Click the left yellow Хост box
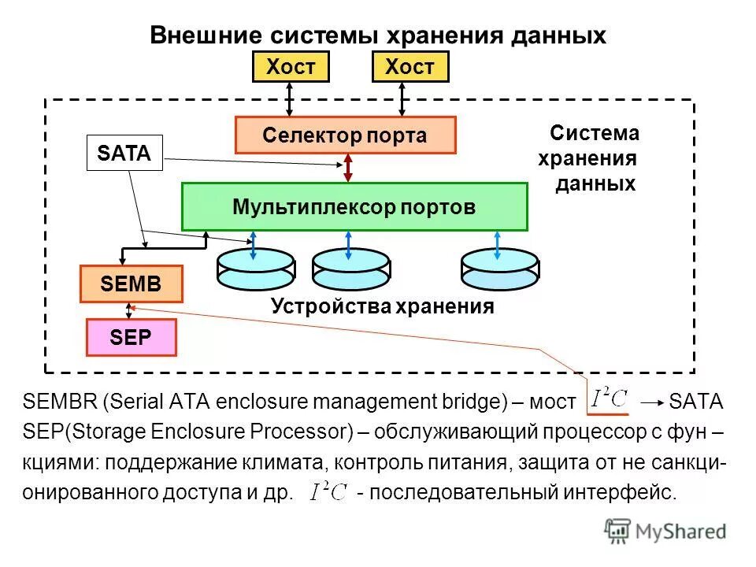tap(289, 67)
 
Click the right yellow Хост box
tap(409, 67)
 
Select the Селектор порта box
tap(345, 135)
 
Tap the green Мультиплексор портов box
tap(354, 206)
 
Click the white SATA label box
tap(124, 153)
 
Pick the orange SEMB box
tap(131, 284)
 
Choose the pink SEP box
tap(131, 337)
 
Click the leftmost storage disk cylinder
tap(255, 270)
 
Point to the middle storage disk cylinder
tap(350, 270)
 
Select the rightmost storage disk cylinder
tap(499, 270)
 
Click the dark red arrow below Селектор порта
tap(347, 168)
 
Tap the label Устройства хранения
tap(382, 307)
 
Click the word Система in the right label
tap(595, 133)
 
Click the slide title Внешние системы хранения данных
tap(377, 35)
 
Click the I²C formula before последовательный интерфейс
tap(328, 492)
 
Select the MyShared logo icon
tap(618, 532)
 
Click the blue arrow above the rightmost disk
tap(498, 244)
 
